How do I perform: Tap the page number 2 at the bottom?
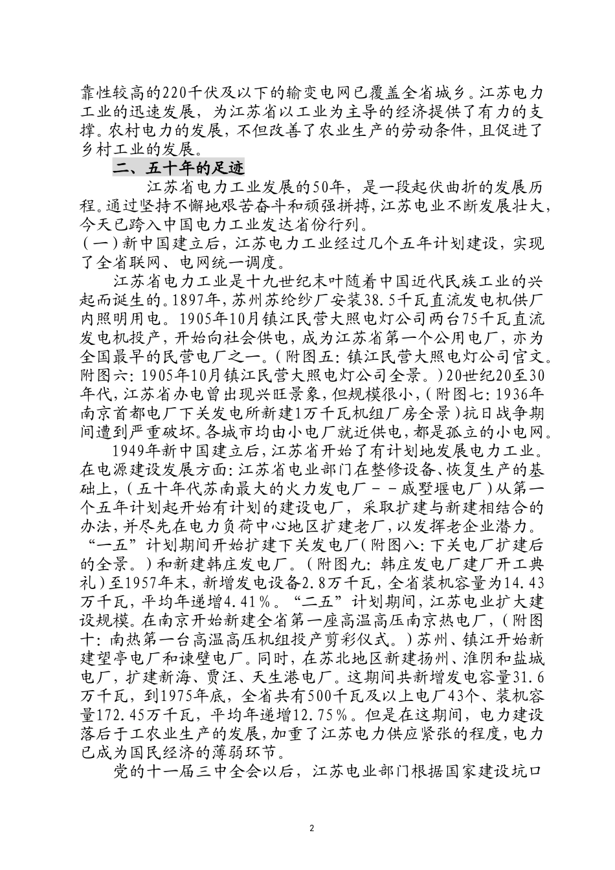click(312, 828)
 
